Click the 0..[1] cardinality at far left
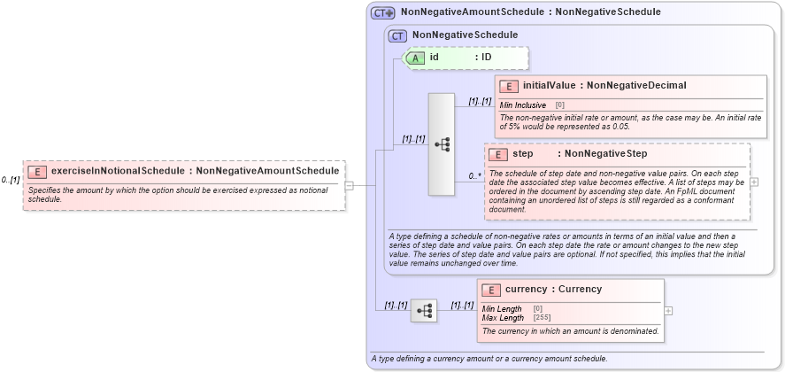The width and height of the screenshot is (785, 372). coord(11,180)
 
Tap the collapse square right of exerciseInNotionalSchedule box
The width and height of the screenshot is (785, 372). coord(349,185)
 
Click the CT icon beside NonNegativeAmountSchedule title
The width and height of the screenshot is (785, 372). coord(382,12)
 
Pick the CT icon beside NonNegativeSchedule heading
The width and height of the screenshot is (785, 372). coord(397,35)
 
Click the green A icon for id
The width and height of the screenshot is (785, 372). coord(416,58)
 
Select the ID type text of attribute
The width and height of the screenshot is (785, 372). coord(486,58)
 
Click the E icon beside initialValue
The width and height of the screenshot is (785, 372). coord(508,86)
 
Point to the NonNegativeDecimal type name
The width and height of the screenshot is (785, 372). coord(636,86)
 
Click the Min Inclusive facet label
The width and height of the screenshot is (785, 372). coord(523,105)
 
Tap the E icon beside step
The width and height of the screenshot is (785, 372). coord(498,154)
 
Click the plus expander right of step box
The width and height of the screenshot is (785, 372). coord(754,182)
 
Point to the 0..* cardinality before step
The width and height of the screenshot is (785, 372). coord(474,176)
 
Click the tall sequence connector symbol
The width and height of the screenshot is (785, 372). coord(442,143)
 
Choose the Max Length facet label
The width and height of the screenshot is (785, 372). coord(503,317)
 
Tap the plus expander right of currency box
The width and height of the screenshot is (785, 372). coord(668,310)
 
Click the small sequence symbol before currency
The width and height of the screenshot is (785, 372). coord(424,311)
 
